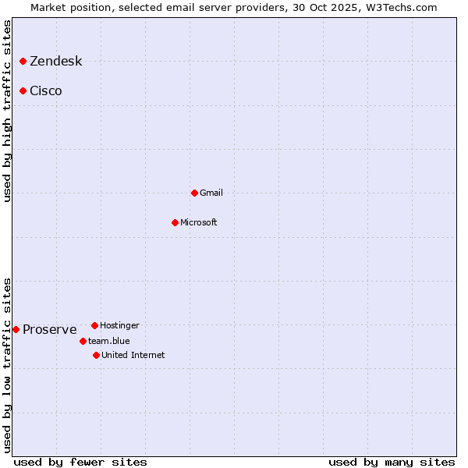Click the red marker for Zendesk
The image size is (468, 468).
(x=23, y=61)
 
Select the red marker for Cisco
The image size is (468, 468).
(x=23, y=90)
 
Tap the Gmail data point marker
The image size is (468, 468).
(x=194, y=193)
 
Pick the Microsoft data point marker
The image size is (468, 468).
(x=175, y=222)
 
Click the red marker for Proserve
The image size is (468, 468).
(x=16, y=329)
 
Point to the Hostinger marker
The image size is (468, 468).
(x=94, y=325)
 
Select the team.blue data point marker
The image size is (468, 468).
(x=83, y=341)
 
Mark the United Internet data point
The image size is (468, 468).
(x=96, y=355)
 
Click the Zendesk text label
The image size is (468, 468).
(x=55, y=62)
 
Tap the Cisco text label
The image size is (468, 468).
(x=46, y=91)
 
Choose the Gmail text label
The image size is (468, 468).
(x=211, y=193)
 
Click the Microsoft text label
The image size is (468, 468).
(x=199, y=222)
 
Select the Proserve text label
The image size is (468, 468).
(x=49, y=330)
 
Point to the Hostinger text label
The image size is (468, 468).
(x=119, y=325)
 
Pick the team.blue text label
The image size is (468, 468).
(x=109, y=341)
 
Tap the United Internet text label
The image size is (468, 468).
(x=133, y=355)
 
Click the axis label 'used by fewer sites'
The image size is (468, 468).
(x=80, y=462)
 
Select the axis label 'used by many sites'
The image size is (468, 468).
(x=392, y=462)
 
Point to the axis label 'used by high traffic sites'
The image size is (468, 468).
(x=7, y=111)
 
